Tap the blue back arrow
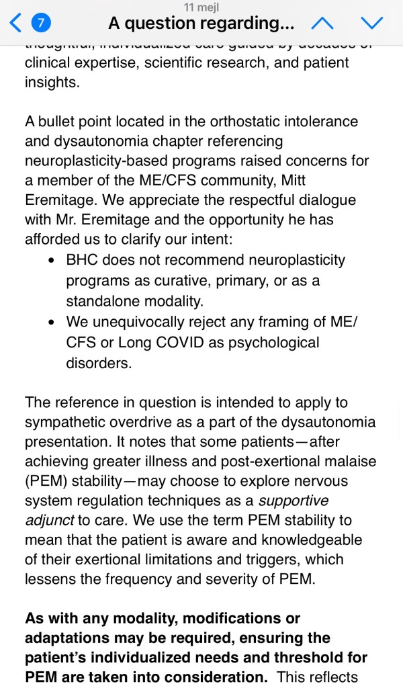pyautogui.click(x=15, y=24)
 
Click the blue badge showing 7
pyautogui.click(x=42, y=24)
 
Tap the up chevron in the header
pyautogui.click(x=323, y=24)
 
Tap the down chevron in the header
pyautogui.click(x=371, y=24)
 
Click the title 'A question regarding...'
pyautogui.click(x=201, y=24)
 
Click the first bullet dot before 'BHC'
pyautogui.click(x=52, y=261)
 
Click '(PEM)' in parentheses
pyautogui.click(x=44, y=482)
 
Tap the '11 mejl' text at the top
pyautogui.click(x=201, y=6)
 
